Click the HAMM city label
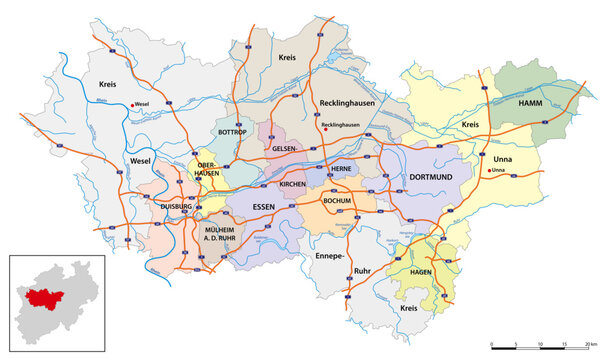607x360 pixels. coord(529,104)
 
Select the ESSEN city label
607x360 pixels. coord(264,207)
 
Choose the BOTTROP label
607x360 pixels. coord(232,132)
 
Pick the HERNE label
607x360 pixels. coord(342,169)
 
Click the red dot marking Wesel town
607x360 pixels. coord(131,104)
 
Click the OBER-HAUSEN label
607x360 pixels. coord(206,168)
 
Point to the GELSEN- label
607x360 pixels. coord(285,147)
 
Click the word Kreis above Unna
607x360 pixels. coord(472,125)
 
